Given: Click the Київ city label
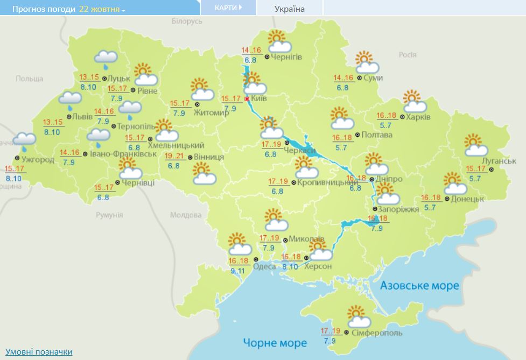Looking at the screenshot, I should coord(259,99).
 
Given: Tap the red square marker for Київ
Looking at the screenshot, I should coord(247,99).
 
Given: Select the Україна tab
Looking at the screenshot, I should coord(289,9).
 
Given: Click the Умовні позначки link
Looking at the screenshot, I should coord(39,351).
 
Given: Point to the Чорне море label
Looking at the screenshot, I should coord(275,343).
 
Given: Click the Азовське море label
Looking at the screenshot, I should coord(420,285).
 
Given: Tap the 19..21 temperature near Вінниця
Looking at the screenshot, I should coord(176,156).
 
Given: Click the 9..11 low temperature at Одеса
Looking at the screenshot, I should coord(237,271).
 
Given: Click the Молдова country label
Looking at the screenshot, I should coord(185,215).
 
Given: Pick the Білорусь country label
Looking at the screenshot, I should coord(187,21).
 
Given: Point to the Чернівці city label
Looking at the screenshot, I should coord(138,183).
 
